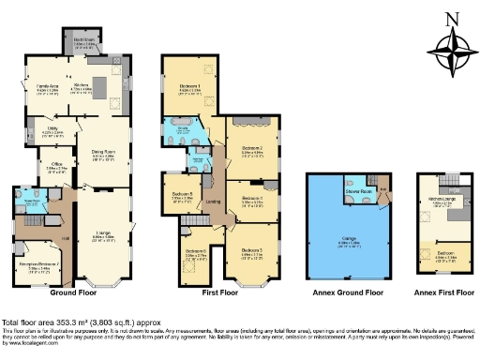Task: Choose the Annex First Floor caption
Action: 441,292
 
